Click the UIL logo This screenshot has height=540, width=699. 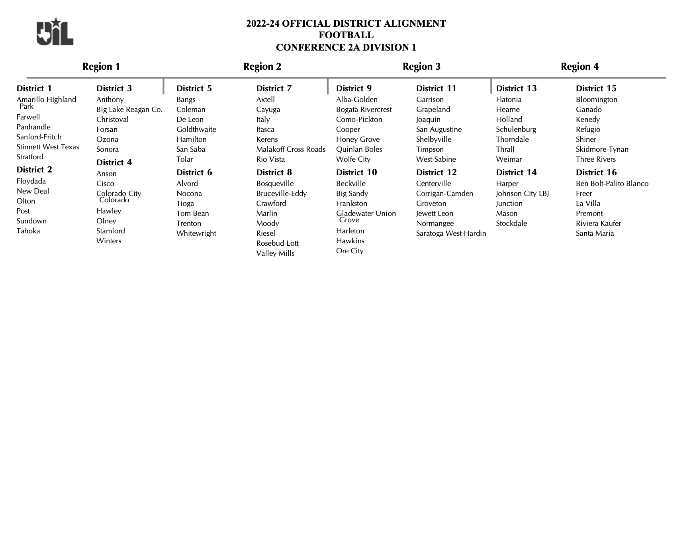(x=55, y=32)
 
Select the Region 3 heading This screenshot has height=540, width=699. (x=421, y=67)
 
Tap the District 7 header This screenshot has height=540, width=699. (x=274, y=88)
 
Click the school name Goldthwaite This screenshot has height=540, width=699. (x=196, y=129)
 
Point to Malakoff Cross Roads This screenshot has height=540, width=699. (x=291, y=149)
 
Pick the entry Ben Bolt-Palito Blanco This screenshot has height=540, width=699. (x=612, y=184)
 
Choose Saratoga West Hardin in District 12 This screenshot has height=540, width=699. (x=451, y=233)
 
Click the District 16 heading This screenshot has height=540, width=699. (x=596, y=172)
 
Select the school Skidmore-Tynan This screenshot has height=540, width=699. (x=602, y=149)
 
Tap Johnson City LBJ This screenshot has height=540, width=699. (x=522, y=194)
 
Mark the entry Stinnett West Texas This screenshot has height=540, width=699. (x=48, y=147)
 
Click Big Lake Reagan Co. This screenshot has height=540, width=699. (x=129, y=110)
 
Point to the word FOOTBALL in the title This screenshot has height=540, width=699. (x=346, y=35)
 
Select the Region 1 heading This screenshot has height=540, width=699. (x=101, y=67)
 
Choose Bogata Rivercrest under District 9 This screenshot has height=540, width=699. (x=364, y=110)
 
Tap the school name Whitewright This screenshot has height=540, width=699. (x=196, y=233)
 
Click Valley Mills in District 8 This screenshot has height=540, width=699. (x=275, y=253)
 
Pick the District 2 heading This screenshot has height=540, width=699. (x=34, y=170)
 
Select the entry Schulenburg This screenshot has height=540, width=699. (x=516, y=129)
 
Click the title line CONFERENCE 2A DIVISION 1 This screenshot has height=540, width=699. (x=346, y=47)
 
